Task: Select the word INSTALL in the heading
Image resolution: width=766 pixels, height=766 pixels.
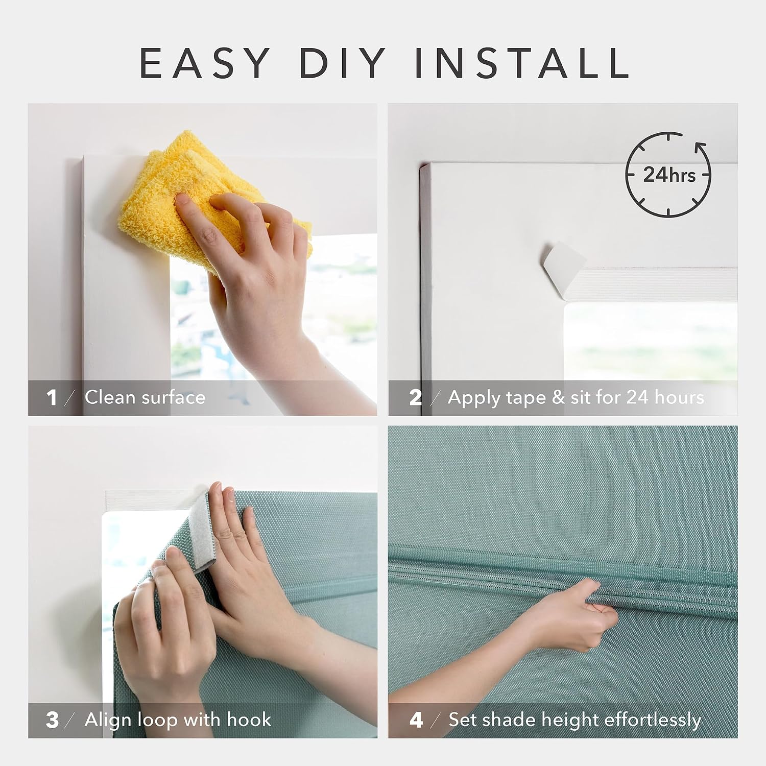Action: tap(521, 63)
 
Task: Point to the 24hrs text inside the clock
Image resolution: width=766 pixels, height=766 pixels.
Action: tap(669, 175)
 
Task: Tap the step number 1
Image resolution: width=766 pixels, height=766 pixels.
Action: tap(52, 397)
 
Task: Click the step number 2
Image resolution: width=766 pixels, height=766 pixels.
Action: tap(415, 397)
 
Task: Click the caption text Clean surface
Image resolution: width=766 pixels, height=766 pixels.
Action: tap(145, 397)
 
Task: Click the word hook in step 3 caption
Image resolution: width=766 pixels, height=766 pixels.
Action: tap(249, 720)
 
